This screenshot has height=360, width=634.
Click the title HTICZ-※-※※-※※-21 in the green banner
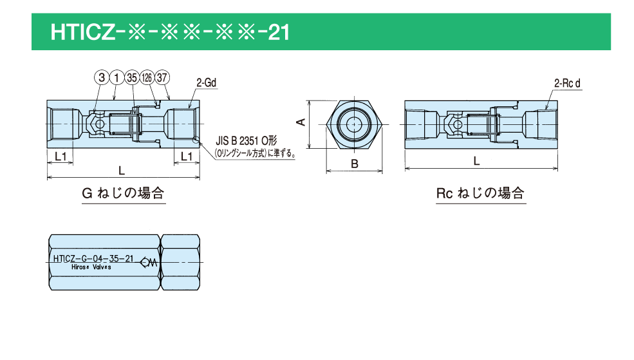click(x=170, y=32)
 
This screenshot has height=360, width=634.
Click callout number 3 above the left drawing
click(x=102, y=78)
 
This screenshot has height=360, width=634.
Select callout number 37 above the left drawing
click(x=162, y=78)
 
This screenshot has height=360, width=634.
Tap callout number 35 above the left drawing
click(x=132, y=78)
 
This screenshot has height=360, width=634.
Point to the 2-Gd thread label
click(x=206, y=83)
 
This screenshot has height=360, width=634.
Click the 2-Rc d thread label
click(x=567, y=83)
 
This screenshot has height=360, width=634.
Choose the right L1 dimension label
click(x=187, y=156)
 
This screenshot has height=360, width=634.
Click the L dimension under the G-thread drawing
click(x=122, y=171)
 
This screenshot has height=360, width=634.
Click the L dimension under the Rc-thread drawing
click(x=476, y=162)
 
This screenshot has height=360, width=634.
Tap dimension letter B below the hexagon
click(x=354, y=164)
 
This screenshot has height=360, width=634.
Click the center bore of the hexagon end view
click(x=355, y=124)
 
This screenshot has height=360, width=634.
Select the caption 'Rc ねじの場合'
click(x=480, y=193)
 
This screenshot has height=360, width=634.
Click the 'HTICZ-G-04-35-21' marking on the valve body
click(x=92, y=259)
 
